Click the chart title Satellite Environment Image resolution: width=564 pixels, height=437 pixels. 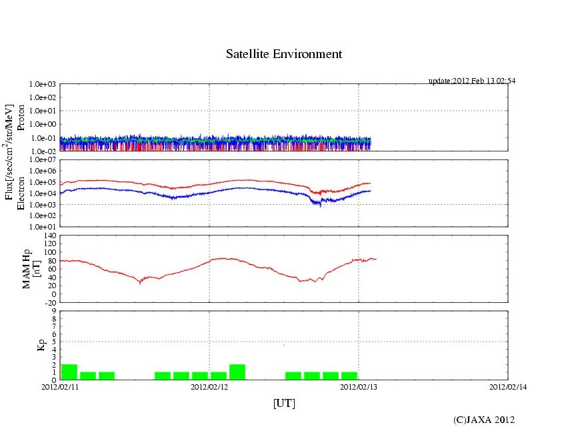tap(283, 54)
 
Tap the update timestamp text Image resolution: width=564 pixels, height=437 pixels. tap(472, 81)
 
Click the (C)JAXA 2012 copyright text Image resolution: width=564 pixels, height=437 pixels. tap(484, 419)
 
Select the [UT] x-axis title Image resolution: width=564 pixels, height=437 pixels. tap(284, 403)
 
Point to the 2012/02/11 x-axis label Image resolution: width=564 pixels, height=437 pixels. tap(60, 386)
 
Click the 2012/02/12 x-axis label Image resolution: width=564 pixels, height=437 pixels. tap(209, 386)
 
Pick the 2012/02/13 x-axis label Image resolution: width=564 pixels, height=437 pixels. tap(359, 386)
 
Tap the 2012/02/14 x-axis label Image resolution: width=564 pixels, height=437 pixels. tap(508, 386)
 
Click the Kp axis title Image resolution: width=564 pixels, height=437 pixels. tap(27, 345)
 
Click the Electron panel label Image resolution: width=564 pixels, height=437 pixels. tap(21, 193)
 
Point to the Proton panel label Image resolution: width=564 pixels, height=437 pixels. tap(21, 117)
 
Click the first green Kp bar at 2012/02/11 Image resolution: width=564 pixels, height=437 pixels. tap(69, 372)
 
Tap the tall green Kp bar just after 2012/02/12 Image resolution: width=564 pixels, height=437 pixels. tap(237, 372)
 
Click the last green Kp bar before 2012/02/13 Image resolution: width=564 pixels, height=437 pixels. tap(349, 376)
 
